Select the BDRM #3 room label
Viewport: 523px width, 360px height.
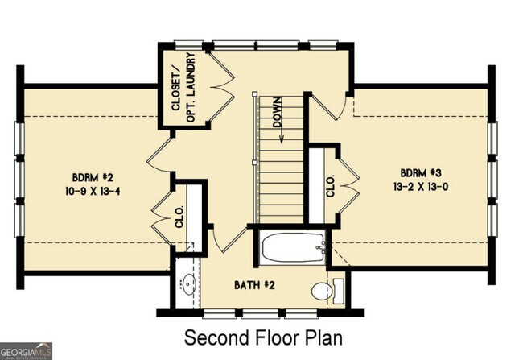[x=422, y=173]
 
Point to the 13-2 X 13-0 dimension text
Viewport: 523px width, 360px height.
[x=422, y=187]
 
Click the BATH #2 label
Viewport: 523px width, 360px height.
[x=255, y=285]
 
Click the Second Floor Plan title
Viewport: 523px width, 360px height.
[x=263, y=337]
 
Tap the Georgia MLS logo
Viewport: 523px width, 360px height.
[x=26, y=350]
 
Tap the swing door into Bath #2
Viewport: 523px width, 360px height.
[x=229, y=236]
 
